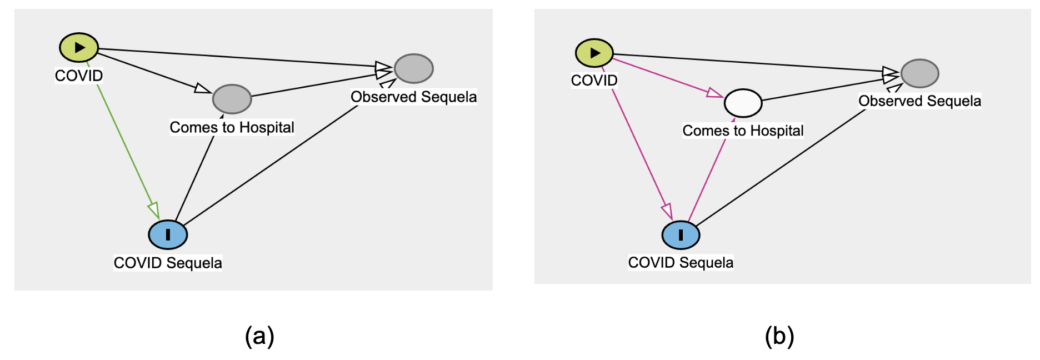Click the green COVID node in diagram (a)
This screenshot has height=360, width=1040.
[79, 47]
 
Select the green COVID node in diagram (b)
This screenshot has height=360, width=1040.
[594, 53]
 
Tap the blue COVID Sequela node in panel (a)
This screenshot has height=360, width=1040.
[168, 234]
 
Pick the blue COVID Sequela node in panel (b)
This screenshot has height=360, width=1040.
[681, 235]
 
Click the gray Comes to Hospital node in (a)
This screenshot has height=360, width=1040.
[232, 99]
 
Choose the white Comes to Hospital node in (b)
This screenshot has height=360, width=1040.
[743, 103]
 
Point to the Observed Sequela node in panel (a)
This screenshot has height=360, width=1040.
[414, 68]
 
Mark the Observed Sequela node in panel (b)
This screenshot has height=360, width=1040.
[920, 73]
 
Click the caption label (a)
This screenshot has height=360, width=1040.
[259, 336]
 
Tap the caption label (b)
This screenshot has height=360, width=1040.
[779, 336]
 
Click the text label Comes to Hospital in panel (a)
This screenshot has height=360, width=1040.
[232, 127]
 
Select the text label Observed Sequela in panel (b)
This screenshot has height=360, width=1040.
[919, 101]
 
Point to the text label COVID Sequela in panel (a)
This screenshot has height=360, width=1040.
[168, 263]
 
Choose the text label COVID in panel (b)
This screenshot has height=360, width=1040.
[594, 81]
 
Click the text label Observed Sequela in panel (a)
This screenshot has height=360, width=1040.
[413, 97]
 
